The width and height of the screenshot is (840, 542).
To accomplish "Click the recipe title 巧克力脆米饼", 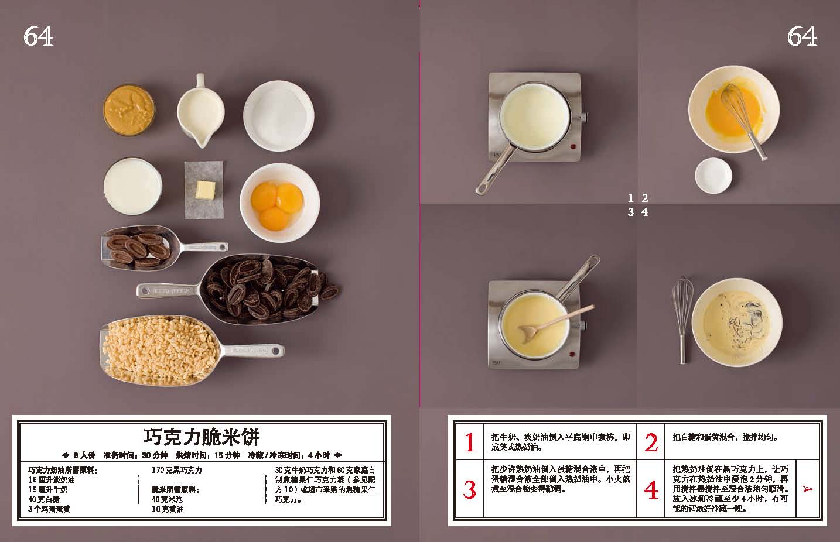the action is pos(202,437).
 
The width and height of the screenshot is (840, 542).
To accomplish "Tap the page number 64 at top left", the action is pos(38,37).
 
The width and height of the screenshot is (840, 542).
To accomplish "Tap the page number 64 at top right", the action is pos(802,37).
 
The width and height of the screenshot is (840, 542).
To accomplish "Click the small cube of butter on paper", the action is pos(205,190).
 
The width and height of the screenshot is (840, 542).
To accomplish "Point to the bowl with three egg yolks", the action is pos(280,203).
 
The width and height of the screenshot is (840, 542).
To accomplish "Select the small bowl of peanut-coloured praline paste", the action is pos(129,110).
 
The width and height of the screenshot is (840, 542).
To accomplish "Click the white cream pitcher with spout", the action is pos(200,111).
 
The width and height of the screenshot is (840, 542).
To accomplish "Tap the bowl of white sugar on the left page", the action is pos(279,116).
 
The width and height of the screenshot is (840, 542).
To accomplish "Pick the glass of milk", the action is pos(133,186).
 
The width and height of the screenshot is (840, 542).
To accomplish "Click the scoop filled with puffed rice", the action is pos(191,351).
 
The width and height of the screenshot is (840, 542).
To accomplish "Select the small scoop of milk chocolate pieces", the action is pos(164,248).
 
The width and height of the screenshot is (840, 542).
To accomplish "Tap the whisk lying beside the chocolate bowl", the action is pos(682,320).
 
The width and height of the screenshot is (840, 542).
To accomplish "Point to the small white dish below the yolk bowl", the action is pos(713,176).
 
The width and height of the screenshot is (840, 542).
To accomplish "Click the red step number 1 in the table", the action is pos(469,442).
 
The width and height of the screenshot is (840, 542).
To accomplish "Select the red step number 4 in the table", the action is pos(651,490).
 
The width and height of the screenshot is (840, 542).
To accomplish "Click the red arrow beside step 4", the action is pos(808,489).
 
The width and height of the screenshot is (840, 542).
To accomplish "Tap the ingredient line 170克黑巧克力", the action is pos(177,470).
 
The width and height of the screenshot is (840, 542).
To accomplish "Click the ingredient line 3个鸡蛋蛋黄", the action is pos(49,509).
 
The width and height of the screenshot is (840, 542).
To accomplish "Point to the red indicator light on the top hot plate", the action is pos(573,146).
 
